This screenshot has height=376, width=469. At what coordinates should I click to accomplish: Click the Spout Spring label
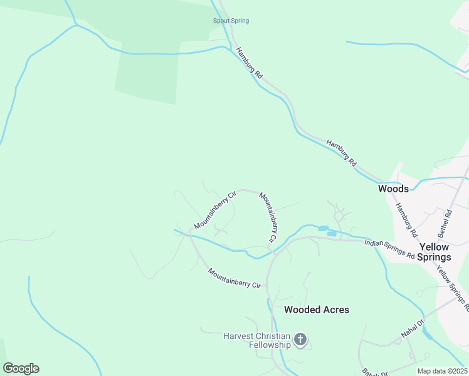tap(231, 21)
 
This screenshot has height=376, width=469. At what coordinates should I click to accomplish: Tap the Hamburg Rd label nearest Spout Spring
tap(250, 63)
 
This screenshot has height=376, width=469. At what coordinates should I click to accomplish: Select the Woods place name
tap(393, 189)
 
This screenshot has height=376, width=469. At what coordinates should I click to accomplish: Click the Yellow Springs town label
tap(435, 252)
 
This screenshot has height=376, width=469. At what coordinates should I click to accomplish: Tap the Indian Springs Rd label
tap(389, 248)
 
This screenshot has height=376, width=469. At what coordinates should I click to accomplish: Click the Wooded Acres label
tap(316, 310)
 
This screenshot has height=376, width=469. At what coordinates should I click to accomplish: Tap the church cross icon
tap(300, 340)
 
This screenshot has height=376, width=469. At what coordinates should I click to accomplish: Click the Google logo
tap(21, 368)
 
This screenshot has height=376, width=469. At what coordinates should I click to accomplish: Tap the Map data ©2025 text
tap(442, 371)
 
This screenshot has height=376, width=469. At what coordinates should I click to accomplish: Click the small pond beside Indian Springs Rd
tap(324, 229)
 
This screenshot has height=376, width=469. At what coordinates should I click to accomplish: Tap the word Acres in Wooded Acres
tap(335, 310)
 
